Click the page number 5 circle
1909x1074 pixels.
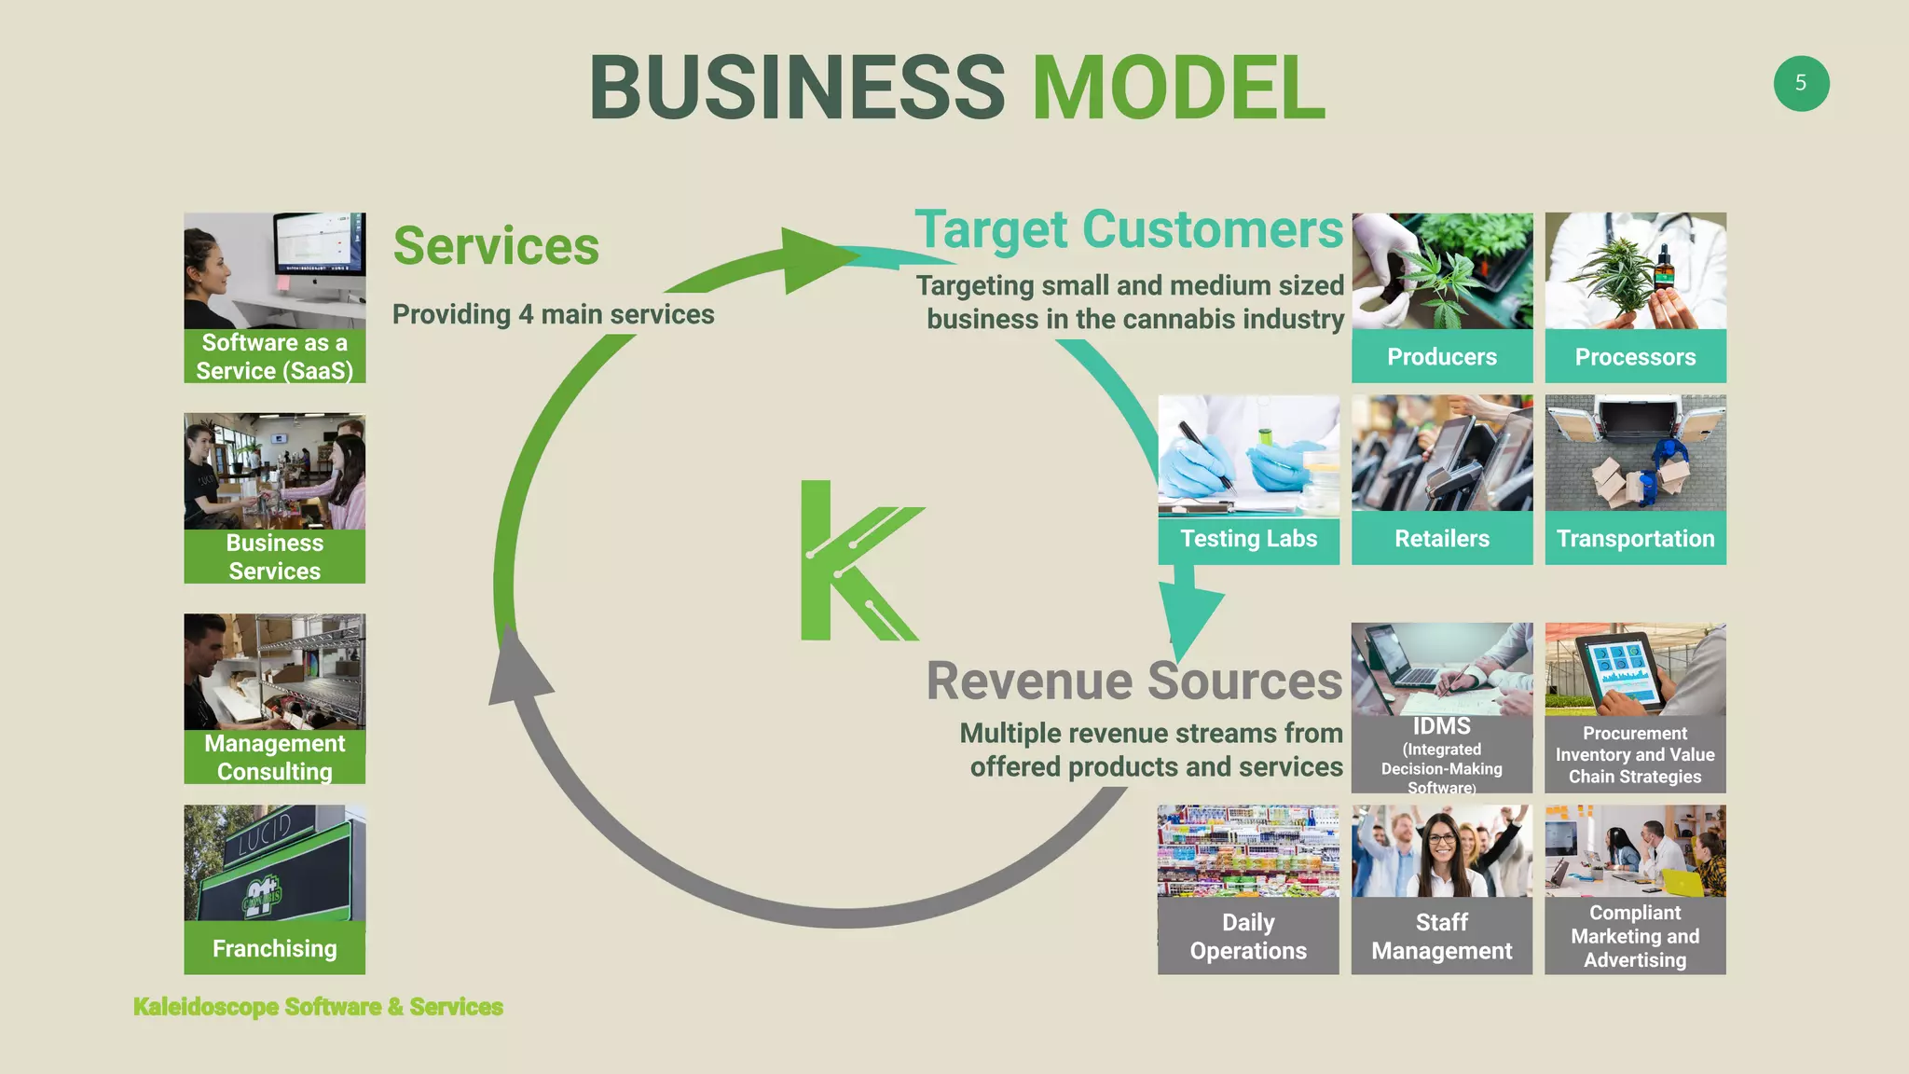click(1801, 84)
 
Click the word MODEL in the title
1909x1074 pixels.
click(1178, 88)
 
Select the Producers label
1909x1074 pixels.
click(1442, 356)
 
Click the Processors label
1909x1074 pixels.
click(1635, 356)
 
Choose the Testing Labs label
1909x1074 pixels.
click(1248, 538)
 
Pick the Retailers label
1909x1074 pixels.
click(1442, 538)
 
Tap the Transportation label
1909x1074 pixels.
click(1635, 538)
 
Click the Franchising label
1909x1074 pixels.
click(274, 948)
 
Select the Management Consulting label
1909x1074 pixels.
click(274, 757)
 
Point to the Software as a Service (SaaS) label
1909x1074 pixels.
click(274, 356)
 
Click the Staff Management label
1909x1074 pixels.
click(1441, 936)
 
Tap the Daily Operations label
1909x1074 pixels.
click(1248, 936)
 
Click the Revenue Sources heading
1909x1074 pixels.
click(1133, 681)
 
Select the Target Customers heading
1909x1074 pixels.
click(1128, 229)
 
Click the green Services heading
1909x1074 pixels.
click(496, 246)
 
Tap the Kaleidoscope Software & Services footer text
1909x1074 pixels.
click(318, 1007)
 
